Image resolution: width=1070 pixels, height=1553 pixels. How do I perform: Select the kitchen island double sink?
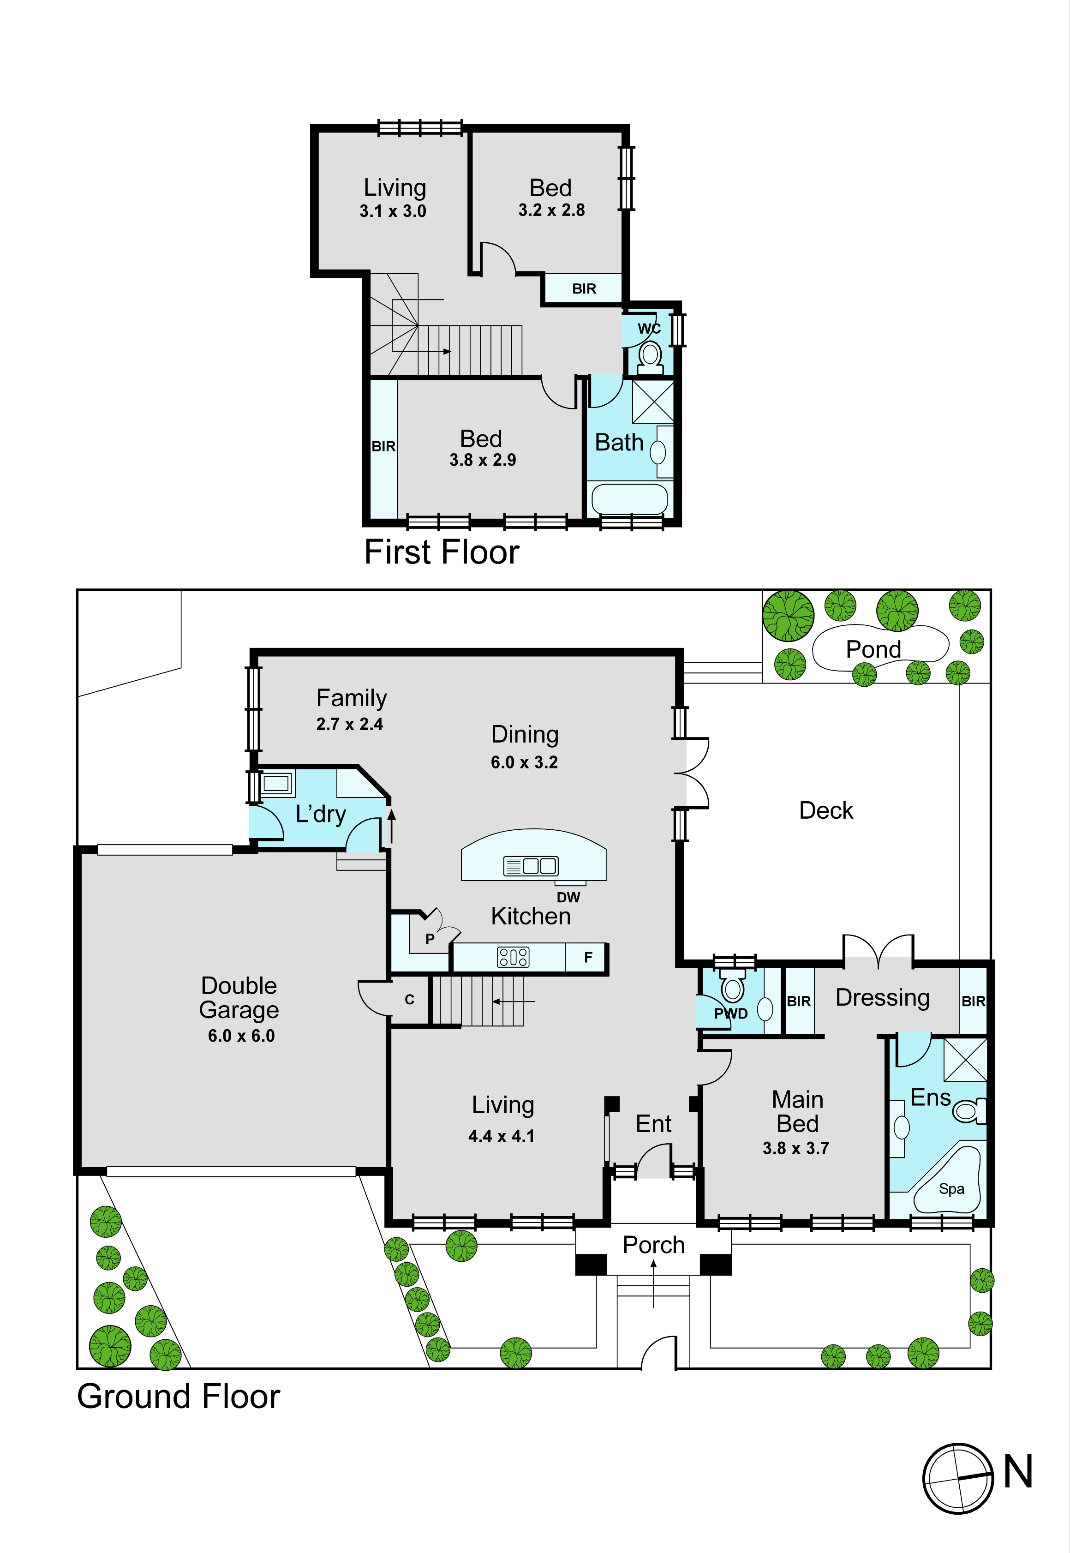click(x=530, y=866)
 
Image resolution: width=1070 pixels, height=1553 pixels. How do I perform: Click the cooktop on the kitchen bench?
click(x=513, y=957)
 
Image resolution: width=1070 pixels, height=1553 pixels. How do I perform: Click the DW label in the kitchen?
click(x=568, y=897)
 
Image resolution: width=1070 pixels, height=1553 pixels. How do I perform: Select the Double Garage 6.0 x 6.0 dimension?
click(x=241, y=1036)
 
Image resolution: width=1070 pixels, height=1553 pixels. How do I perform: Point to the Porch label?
click(x=654, y=1245)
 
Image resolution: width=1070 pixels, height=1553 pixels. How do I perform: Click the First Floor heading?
click(x=442, y=552)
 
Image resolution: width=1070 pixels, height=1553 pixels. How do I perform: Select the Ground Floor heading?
click(x=178, y=1396)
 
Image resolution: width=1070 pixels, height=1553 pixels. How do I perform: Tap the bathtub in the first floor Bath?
click(x=629, y=499)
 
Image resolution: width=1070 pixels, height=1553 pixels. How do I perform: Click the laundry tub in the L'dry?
click(x=277, y=783)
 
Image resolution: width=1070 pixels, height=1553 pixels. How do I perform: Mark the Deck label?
click(x=826, y=811)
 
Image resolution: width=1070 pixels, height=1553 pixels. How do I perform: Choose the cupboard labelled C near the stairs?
click(x=410, y=999)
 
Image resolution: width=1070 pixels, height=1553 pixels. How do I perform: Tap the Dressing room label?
click(x=882, y=998)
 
